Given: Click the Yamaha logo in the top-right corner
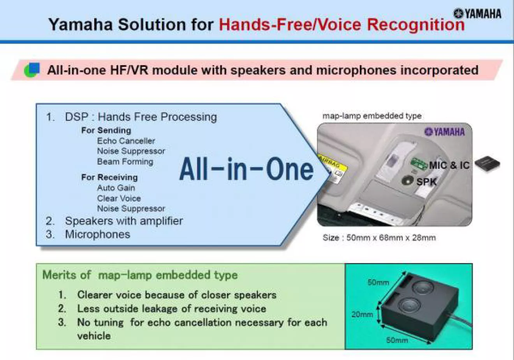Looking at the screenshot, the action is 477,14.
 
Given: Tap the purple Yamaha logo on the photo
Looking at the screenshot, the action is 444,132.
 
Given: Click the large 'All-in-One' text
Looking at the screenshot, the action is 246,169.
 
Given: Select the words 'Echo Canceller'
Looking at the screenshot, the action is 126,141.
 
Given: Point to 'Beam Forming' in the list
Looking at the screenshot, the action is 125,162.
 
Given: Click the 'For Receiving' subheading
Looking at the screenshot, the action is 109,177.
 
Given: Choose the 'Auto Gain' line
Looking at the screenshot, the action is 116,188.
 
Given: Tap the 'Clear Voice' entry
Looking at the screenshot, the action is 119,198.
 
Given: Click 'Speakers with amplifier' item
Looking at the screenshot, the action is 124,221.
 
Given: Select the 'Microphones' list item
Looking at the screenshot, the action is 97,235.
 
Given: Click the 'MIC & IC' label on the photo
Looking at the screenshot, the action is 449,165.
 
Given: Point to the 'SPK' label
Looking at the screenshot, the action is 426,182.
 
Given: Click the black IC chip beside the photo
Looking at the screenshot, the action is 487,164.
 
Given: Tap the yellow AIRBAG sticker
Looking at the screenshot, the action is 333,167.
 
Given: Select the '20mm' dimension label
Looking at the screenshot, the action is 362,314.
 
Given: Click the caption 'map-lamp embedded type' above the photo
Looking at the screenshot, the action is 372,116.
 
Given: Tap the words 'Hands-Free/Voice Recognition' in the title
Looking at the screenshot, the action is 341,25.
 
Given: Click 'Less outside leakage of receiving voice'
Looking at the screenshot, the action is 172,309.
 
